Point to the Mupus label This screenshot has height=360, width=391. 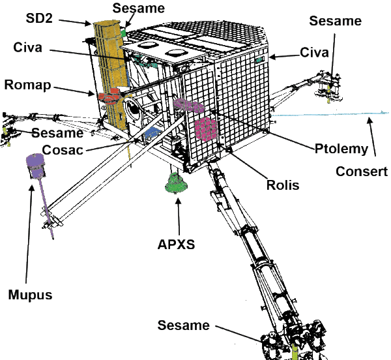click(x=30, y=294)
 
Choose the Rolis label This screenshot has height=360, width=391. click(x=282, y=185)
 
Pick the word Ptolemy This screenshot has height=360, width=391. click(x=341, y=149)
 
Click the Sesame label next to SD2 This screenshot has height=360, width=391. click(x=139, y=8)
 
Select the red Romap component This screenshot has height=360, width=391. click(x=110, y=98)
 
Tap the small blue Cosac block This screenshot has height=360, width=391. click(x=151, y=132)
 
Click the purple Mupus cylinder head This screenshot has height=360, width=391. click(x=34, y=164)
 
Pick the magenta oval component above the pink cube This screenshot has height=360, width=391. click(x=188, y=104)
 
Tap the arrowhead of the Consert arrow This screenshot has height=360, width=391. click(x=369, y=118)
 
